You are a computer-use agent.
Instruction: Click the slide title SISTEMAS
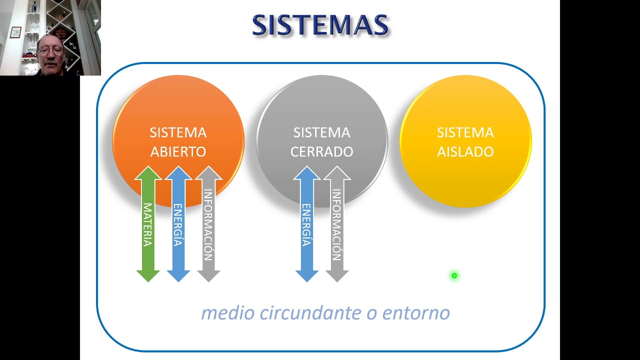(x=320, y=25)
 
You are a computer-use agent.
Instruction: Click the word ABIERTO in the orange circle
(x=178, y=152)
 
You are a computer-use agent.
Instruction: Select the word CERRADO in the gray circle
(x=321, y=152)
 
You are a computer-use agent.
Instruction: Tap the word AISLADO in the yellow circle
(x=465, y=152)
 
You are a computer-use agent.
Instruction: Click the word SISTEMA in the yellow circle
(x=465, y=132)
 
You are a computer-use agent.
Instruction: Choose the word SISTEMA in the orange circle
(x=178, y=132)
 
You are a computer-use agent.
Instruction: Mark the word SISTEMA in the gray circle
(x=321, y=132)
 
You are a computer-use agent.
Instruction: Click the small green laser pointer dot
(x=454, y=275)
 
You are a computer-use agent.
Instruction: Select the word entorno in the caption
(x=416, y=313)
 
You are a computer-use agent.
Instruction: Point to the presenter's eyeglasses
(x=50, y=50)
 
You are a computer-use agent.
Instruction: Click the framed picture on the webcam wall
(x=15, y=32)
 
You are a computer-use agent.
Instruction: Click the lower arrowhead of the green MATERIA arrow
(x=148, y=275)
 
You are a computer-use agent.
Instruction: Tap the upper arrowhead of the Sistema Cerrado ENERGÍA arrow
(x=307, y=173)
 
